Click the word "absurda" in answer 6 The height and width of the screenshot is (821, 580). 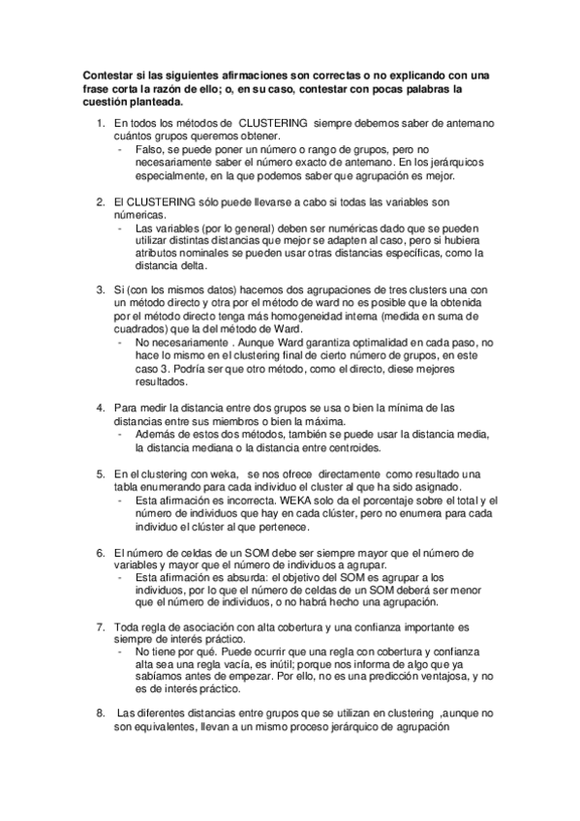pyautogui.click(x=234, y=577)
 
